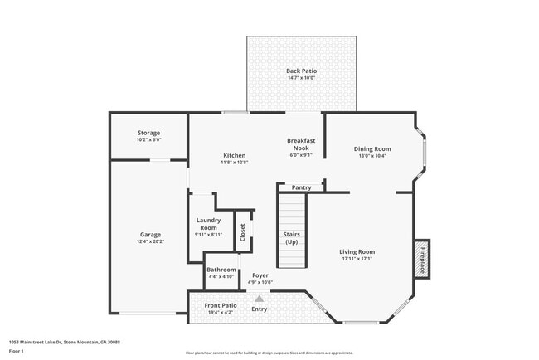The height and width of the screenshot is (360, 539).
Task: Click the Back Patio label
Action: [301, 71]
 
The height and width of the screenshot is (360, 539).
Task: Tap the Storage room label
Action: [148, 133]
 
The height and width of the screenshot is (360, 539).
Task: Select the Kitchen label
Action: [234, 155]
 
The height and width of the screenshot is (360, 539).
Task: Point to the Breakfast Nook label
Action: [300, 144]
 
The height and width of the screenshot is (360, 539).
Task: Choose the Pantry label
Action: [301, 187]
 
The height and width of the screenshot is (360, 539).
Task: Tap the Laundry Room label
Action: [208, 224]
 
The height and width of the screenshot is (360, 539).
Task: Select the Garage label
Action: [150, 235]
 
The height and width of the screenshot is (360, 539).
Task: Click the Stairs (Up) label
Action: [292, 238]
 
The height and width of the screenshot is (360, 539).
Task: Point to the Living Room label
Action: [357, 251]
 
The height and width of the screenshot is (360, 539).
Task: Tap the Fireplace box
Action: [422, 259]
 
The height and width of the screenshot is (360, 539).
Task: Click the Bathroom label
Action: [221, 270]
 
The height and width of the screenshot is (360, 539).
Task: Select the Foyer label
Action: [260, 275]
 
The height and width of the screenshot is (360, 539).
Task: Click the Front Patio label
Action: [221, 305]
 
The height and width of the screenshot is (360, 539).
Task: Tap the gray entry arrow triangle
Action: [260, 299]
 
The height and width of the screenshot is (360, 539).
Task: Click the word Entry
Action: [260, 309]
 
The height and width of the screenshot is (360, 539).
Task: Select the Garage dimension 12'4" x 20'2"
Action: [150, 241]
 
